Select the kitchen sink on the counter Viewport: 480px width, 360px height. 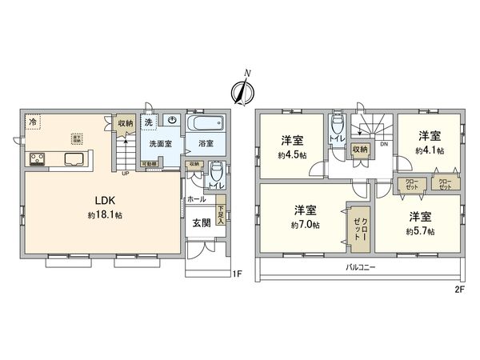[70, 158]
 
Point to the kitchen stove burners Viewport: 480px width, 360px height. [37, 158]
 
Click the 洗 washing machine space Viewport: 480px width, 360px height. [148, 122]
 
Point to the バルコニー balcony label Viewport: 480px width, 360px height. [362, 266]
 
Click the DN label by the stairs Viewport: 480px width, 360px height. [384, 145]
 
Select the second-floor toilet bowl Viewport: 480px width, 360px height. [336, 126]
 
